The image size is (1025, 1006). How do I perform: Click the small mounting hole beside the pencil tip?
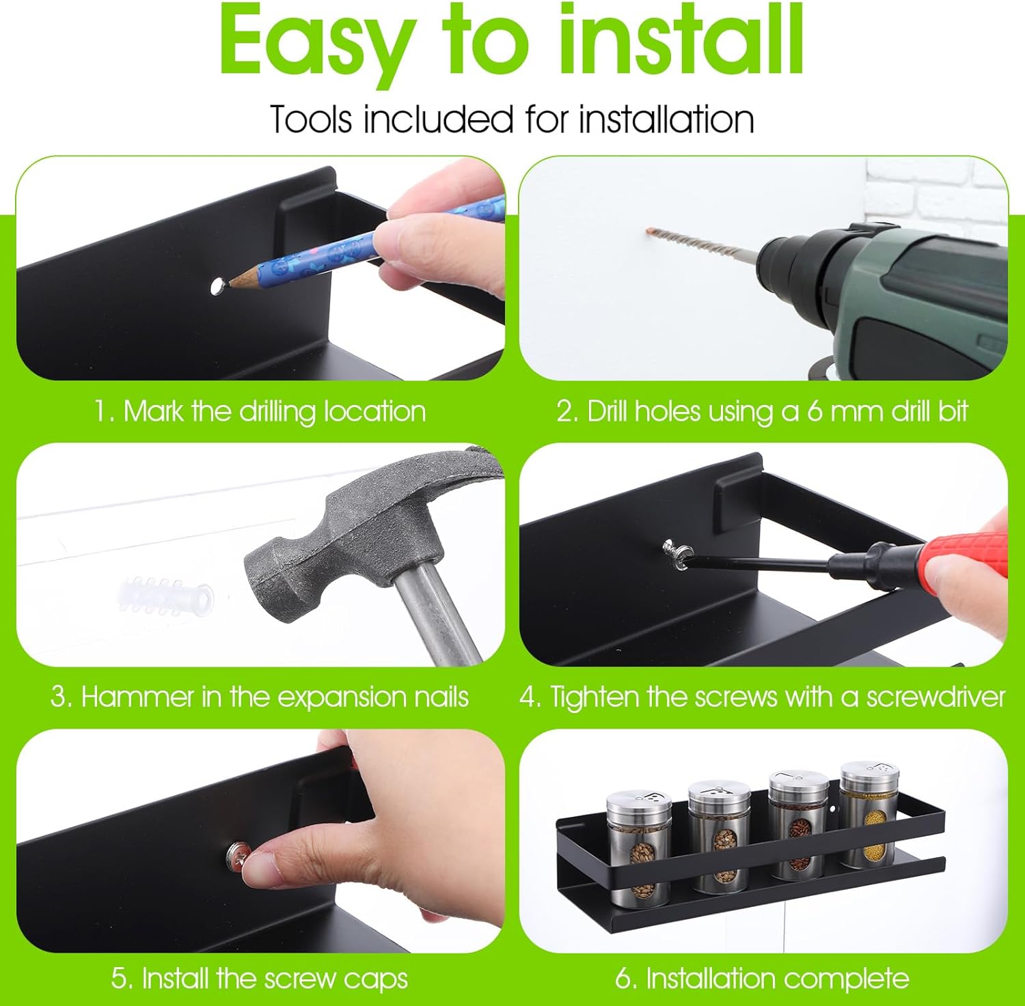pos(217,285)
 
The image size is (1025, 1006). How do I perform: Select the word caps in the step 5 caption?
pos(375,979)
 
